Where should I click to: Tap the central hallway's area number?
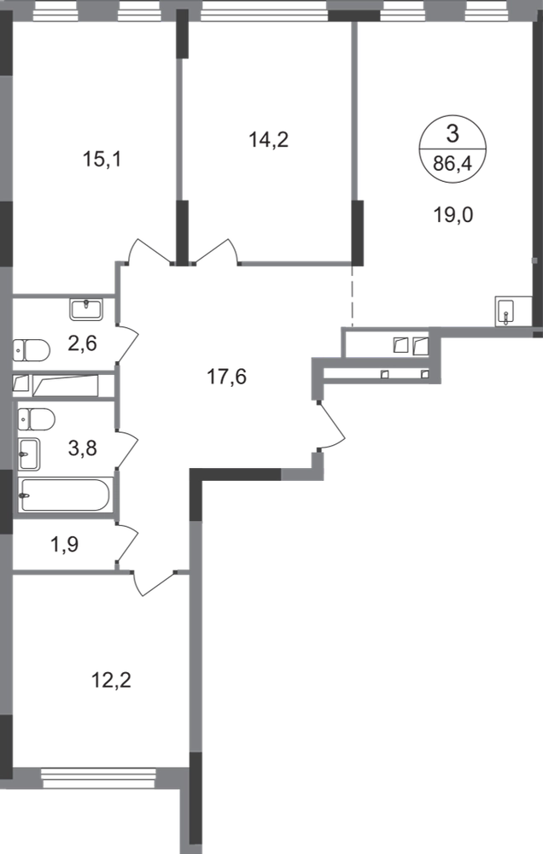coord(225,376)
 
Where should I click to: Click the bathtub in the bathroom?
coord(66,496)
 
